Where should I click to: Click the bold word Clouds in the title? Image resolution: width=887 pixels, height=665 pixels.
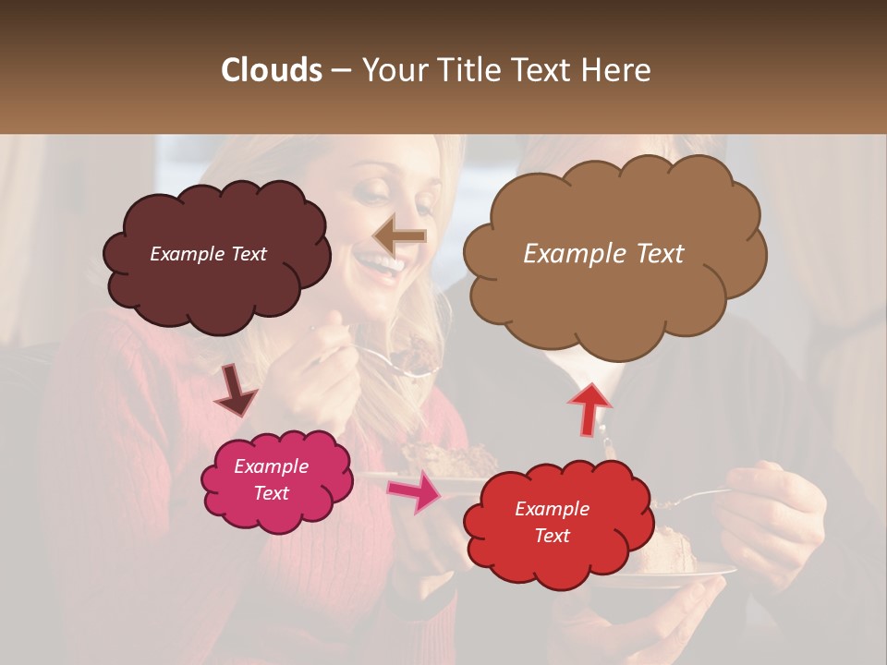coord(272,70)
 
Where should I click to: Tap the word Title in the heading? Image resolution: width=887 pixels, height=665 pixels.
coord(469,70)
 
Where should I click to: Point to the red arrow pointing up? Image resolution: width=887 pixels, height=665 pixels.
coord(589,408)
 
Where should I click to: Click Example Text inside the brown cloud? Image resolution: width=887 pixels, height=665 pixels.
coord(603,254)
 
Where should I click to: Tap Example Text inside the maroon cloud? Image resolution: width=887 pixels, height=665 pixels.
coord(208,254)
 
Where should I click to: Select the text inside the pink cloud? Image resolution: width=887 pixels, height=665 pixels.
coord(271,480)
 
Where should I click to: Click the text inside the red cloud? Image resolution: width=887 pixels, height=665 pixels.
coord(552,522)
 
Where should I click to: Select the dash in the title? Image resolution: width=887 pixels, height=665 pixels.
coord(340,70)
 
